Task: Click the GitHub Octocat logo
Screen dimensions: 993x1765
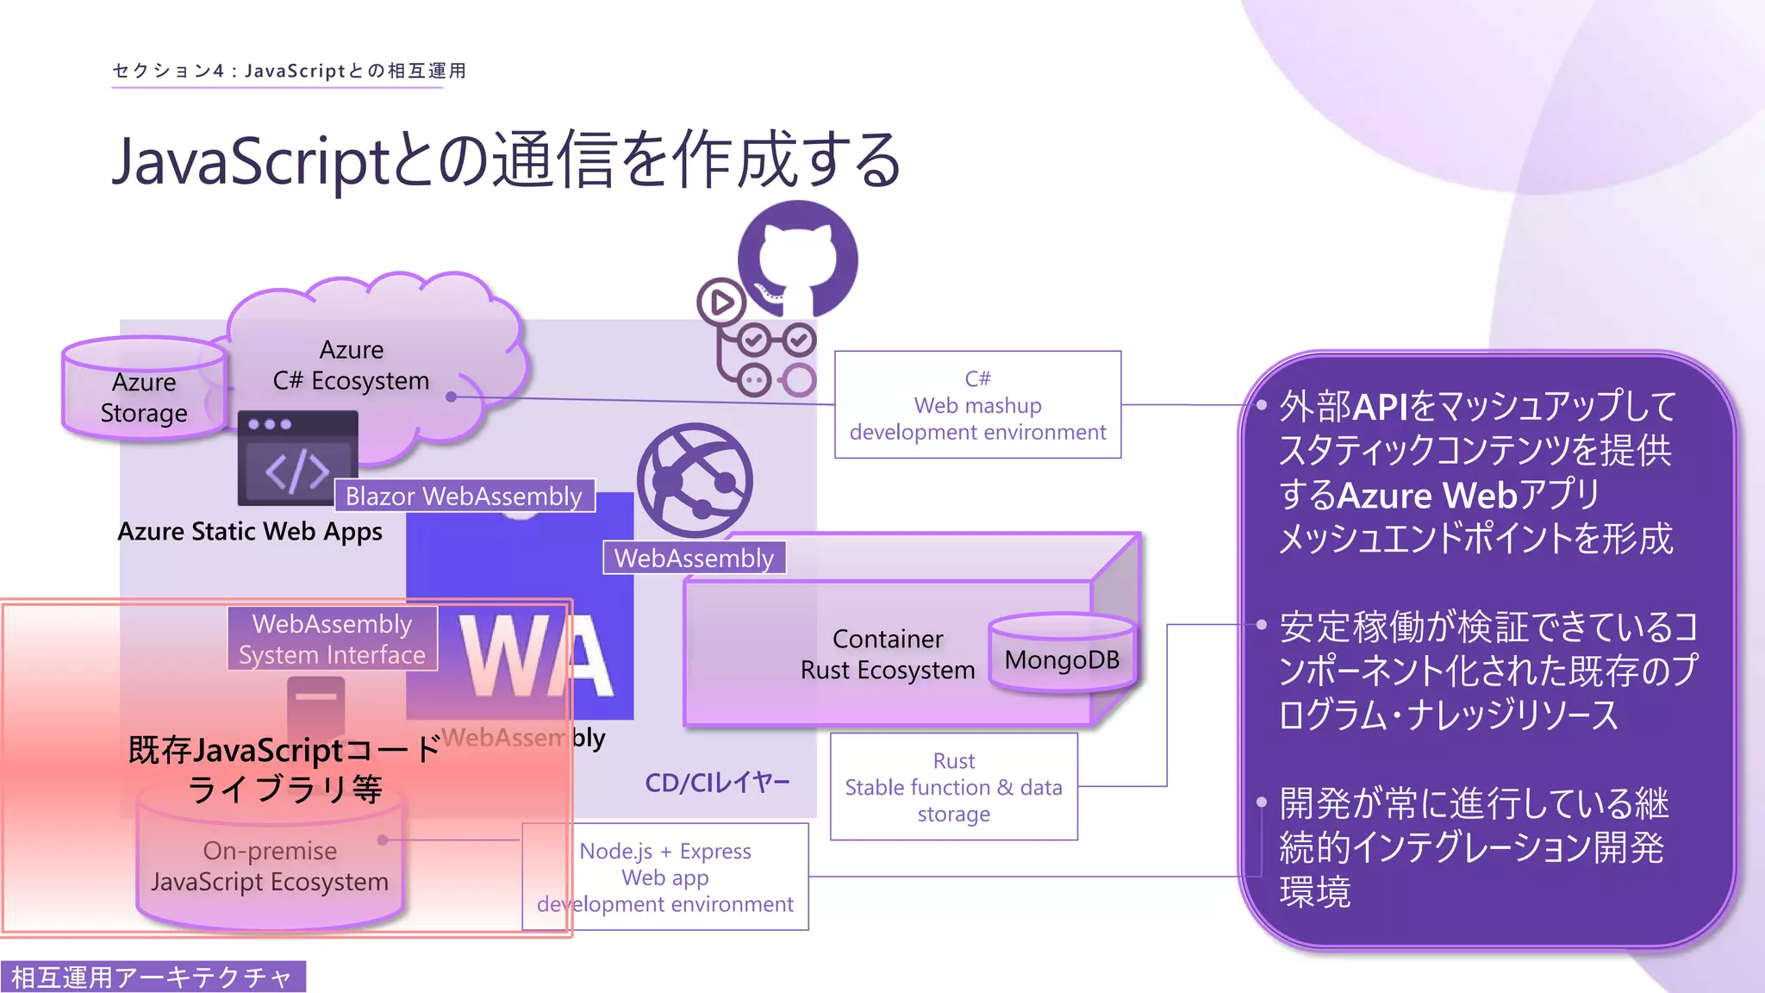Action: (x=798, y=259)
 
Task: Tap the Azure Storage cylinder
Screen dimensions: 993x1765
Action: (x=144, y=392)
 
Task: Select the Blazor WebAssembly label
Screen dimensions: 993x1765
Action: (x=464, y=496)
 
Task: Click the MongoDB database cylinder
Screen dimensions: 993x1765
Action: (x=1062, y=655)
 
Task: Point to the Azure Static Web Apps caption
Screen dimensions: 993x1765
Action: (x=250, y=531)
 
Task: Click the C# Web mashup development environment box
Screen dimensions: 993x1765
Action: (x=977, y=404)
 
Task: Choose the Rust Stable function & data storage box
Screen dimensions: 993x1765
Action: (x=953, y=786)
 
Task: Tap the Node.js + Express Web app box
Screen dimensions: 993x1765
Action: (x=664, y=877)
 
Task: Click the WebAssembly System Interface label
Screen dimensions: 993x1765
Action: (x=332, y=639)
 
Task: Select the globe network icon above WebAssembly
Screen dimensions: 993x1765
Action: (x=694, y=479)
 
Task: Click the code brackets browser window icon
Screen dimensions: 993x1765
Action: (x=297, y=459)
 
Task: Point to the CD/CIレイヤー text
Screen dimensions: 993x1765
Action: (x=717, y=783)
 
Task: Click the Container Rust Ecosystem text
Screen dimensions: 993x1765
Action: (x=888, y=654)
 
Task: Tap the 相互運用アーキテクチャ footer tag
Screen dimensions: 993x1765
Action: (x=153, y=977)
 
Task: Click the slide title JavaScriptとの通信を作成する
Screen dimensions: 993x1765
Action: (x=507, y=160)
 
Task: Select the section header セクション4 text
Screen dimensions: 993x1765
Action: (x=289, y=71)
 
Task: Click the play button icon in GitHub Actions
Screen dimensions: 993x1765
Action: (x=721, y=302)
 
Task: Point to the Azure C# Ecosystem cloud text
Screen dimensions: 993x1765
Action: (x=351, y=365)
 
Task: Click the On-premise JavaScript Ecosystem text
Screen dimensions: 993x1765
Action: (x=270, y=865)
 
